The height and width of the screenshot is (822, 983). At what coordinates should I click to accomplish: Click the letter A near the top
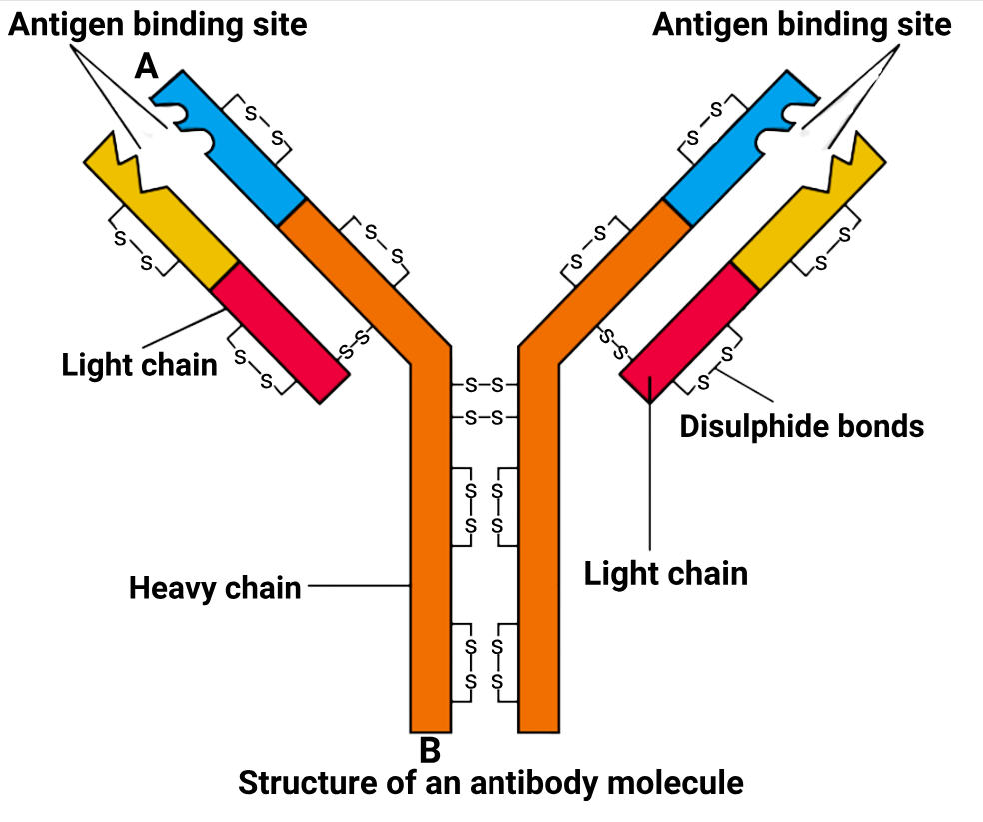[x=147, y=67]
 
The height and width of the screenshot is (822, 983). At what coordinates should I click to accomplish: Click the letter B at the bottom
[x=430, y=748]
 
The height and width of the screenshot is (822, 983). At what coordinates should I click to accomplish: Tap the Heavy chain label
[x=215, y=587]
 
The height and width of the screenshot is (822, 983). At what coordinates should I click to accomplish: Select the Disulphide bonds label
[x=801, y=426]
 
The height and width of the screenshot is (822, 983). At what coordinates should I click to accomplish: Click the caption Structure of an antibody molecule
[x=491, y=782]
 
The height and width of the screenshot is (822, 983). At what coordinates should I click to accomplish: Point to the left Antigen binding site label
[x=158, y=24]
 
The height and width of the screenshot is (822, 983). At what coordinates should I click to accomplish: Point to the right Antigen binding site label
[x=802, y=24]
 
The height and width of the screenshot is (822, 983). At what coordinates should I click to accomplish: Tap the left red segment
[x=280, y=331]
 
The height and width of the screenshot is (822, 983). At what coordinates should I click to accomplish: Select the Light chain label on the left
[x=139, y=363]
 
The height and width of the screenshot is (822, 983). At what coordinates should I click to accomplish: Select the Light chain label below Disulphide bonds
[x=666, y=573]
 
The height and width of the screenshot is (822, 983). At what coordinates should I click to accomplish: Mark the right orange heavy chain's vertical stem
[x=538, y=550]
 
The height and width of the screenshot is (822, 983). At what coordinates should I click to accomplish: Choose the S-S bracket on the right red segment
[x=717, y=367]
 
